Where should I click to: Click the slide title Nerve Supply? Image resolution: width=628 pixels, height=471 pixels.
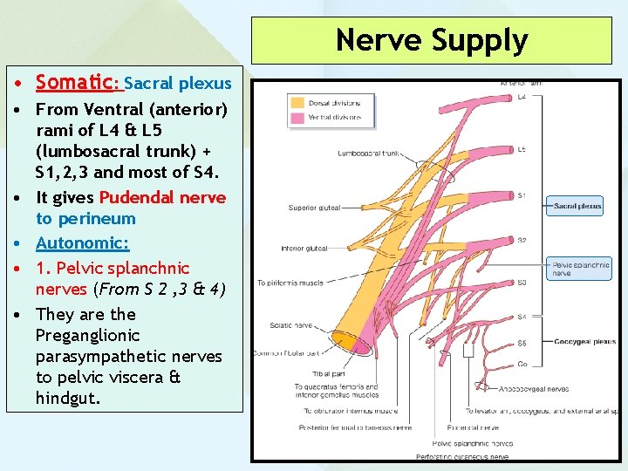pyautogui.click(x=432, y=40)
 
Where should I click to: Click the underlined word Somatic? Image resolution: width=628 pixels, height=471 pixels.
pyautogui.click(x=75, y=83)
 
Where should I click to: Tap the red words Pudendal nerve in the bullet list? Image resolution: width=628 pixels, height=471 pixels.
pyautogui.click(x=162, y=197)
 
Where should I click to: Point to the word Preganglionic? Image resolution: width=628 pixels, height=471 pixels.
pyautogui.click(x=87, y=335)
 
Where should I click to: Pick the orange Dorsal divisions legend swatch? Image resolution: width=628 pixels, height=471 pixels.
pyautogui.click(x=297, y=103)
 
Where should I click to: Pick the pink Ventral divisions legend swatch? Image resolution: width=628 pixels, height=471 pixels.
pyautogui.click(x=297, y=118)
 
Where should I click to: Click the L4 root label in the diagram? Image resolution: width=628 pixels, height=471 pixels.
pyautogui.click(x=522, y=97)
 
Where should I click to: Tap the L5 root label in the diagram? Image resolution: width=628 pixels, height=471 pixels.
pyautogui.click(x=522, y=149)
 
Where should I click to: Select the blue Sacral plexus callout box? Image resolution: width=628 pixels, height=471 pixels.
pyautogui.click(x=574, y=207)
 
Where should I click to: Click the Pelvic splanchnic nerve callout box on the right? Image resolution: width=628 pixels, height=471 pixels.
pyautogui.click(x=580, y=268)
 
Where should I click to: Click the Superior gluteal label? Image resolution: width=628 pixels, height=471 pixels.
pyautogui.click(x=314, y=208)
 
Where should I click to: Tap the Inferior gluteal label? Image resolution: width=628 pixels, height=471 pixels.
pyautogui.click(x=304, y=249)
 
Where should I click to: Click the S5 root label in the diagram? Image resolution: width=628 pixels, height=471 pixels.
pyautogui.click(x=522, y=343)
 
